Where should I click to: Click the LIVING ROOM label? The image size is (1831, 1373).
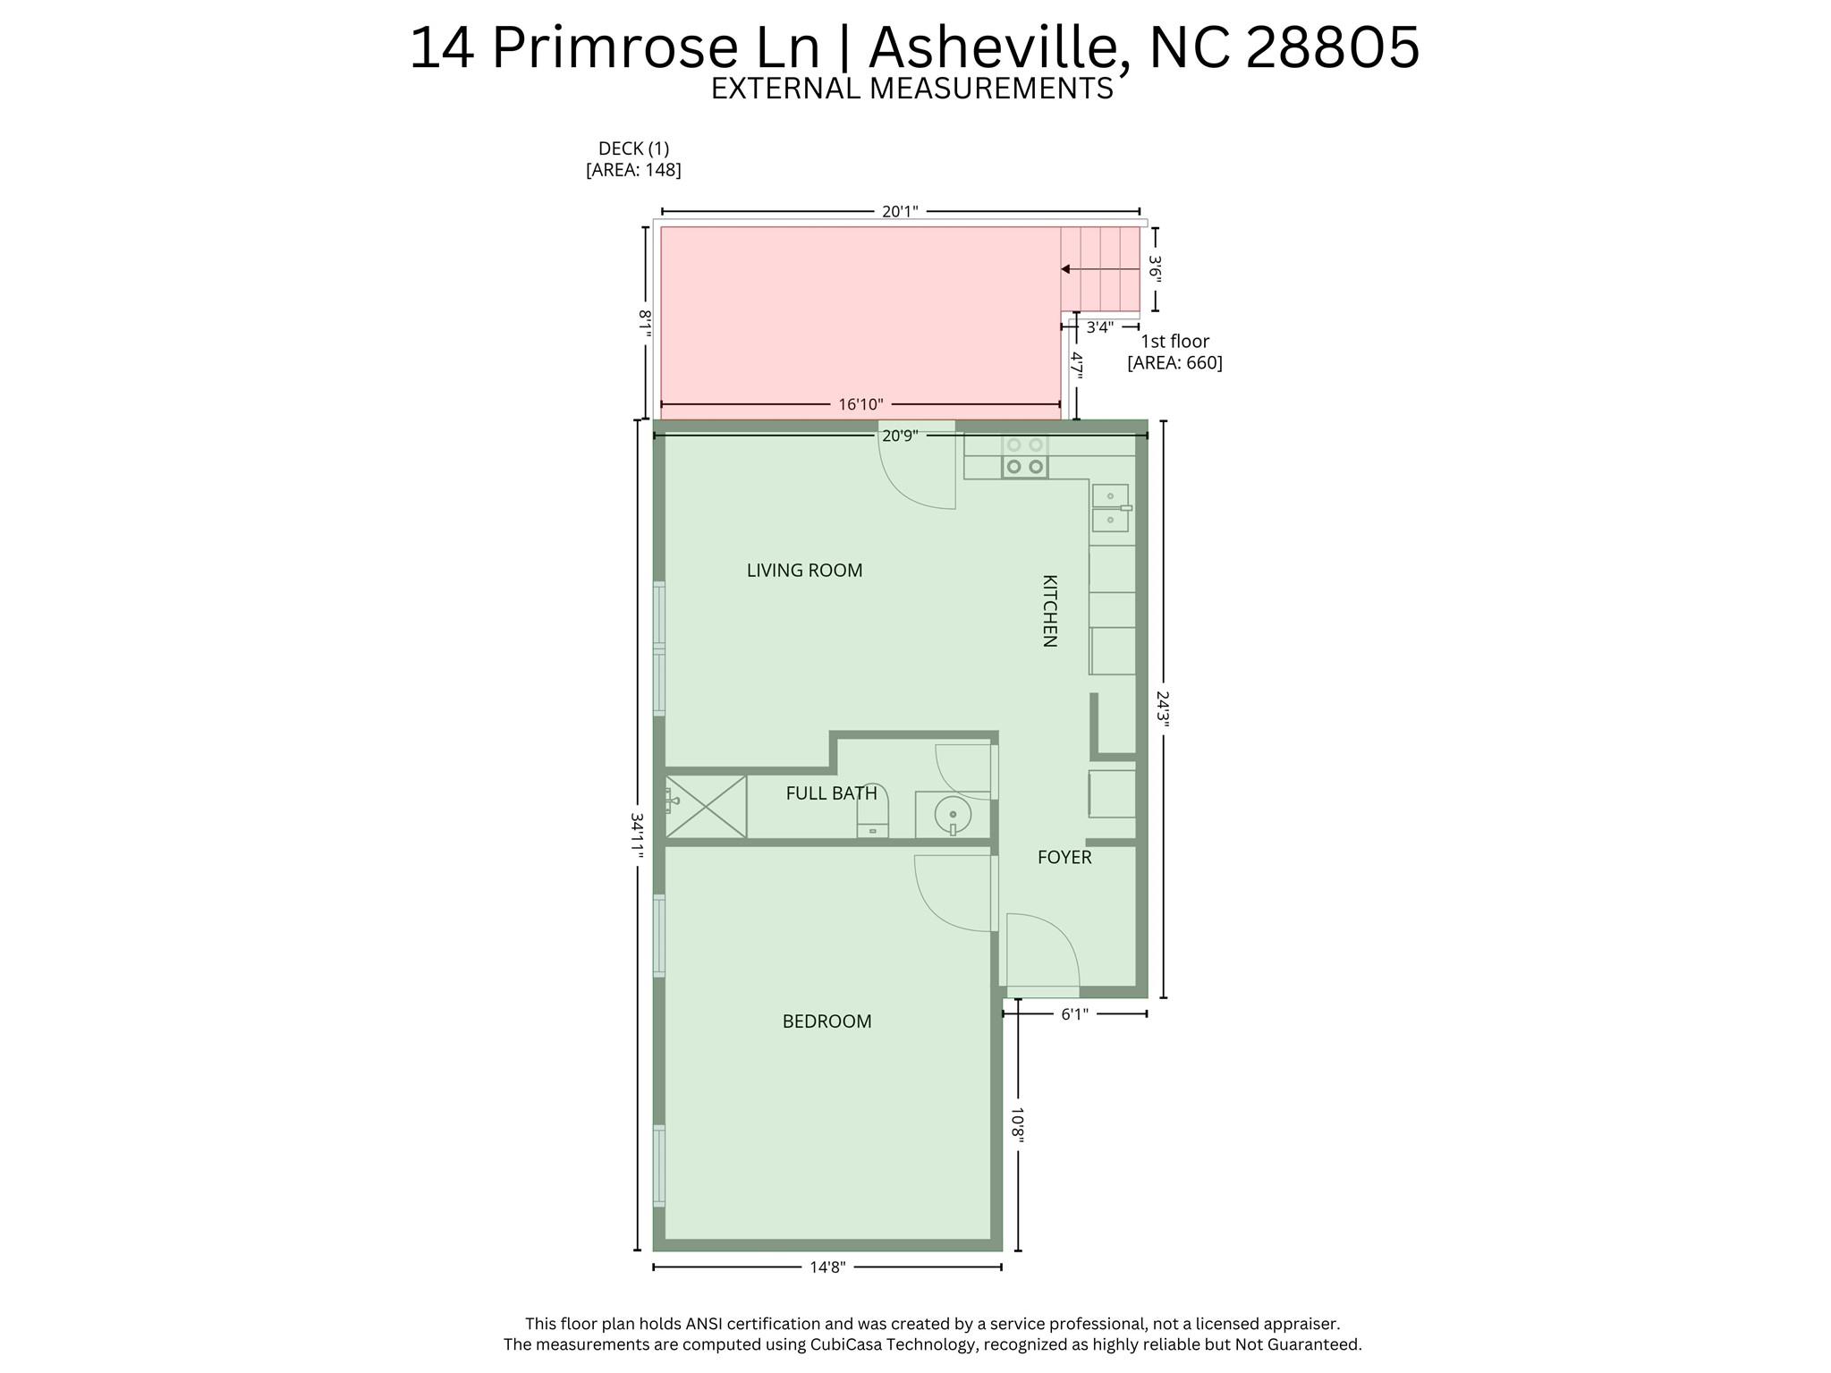click(x=804, y=571)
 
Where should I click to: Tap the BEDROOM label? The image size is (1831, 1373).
click(x=826, y=1021)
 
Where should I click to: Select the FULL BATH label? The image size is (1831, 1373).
click(x=831, y=793)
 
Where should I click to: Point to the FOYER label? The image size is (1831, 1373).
click(x=1064, y=858)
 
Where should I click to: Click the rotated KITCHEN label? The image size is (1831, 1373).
click(x=1050, y=611)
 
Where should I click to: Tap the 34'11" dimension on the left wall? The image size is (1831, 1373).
click(x=637, y=835)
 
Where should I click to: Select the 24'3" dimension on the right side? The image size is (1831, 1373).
click(x=1162, y=709)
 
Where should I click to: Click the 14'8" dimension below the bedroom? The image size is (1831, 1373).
click(x=827, y=1267)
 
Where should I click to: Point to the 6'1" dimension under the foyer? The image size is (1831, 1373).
click(x=1074, y=1014)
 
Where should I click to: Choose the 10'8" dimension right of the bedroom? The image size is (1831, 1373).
click(x=1018, y=1125)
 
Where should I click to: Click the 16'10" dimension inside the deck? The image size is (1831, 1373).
click(x=860, y=405)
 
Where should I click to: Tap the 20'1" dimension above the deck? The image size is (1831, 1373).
click(x=900, y=212)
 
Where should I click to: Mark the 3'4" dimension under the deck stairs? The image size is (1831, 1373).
click(x=1099, y=327)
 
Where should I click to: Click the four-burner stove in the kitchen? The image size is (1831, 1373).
click(x=1025, y=455)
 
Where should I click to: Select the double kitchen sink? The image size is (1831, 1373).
click(x=1111, y=508)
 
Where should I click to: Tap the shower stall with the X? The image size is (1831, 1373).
click(x=706, y=807)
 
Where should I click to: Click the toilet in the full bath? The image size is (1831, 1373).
click(x=873, y=810)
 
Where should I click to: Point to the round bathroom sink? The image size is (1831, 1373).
click(x=953, y=815)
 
